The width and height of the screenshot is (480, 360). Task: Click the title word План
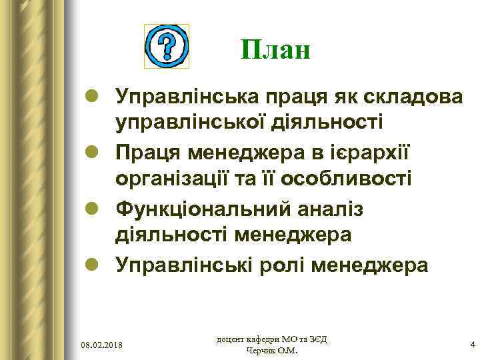[275, 49]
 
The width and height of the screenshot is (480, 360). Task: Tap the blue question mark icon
[167, 46]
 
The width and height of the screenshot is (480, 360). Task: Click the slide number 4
[473, 345]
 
